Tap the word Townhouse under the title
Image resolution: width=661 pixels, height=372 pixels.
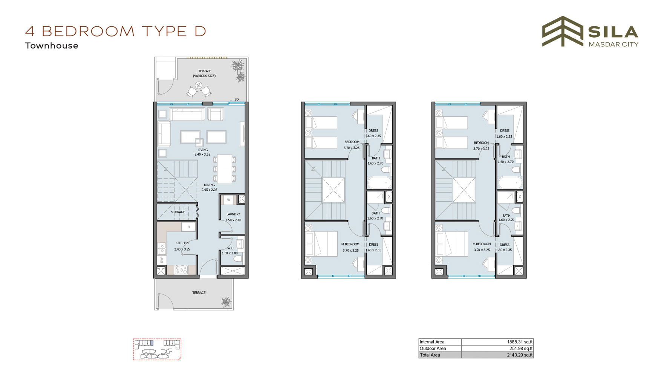[52, 46]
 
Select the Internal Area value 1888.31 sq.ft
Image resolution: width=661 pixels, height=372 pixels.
[520, 342]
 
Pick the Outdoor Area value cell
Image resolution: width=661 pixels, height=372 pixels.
[497, 348]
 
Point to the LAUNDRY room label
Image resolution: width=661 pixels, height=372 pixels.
[233, 214]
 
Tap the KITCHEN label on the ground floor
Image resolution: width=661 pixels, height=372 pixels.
[182, 243]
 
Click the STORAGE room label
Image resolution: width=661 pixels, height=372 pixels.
[178, 212]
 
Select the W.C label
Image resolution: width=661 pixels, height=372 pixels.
[230, 248]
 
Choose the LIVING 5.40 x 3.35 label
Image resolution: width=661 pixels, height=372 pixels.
[202, 152]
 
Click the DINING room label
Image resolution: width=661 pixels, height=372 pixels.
[210, 185]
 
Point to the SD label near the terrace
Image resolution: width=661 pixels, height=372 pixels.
[237, 100]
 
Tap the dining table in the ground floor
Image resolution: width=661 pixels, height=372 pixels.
[225, 168]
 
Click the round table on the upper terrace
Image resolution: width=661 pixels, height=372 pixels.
[199, 85]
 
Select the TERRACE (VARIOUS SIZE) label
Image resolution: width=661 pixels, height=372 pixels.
[205, 73]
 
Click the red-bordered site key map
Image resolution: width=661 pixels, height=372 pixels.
[157, 349]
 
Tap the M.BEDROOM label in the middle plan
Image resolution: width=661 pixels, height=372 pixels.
[350, 244]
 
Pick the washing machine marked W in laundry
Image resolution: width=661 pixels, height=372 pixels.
[229, 200]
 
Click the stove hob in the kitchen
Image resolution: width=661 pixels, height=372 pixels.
[181, 269]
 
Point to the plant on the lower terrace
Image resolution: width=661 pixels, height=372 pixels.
[226, 302]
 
